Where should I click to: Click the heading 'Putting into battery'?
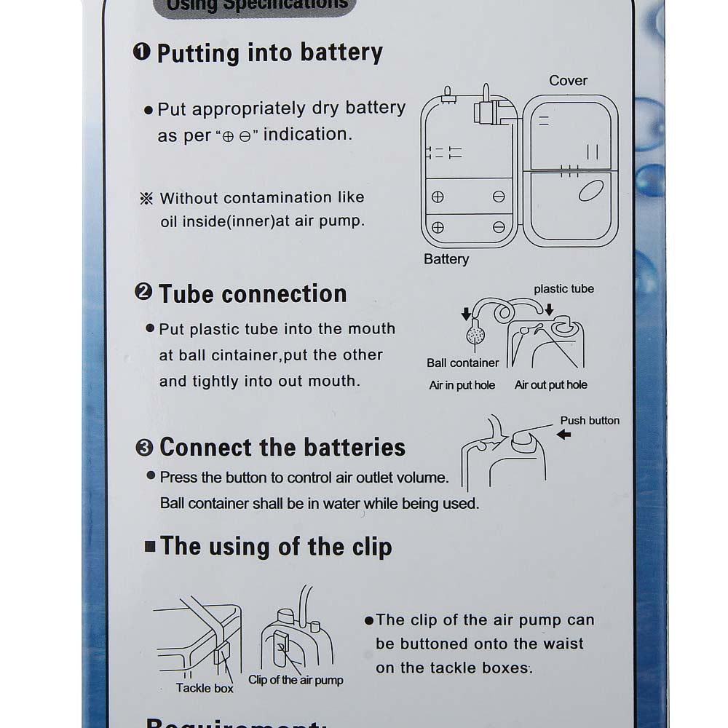[269, 53]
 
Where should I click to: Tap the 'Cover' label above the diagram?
[568, 81]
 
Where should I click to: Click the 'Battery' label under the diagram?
[446, 259]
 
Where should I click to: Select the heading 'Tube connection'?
[252, 294]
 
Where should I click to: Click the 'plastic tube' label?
[563, 289]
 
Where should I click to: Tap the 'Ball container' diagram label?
[462, 363]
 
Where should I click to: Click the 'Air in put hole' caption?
[462, 385]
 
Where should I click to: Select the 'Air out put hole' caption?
[550, 385]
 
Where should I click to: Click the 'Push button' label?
[590, 421]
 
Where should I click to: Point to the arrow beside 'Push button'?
[563, 435]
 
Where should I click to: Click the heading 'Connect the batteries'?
[282, 447]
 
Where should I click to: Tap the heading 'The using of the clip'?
[275, 547]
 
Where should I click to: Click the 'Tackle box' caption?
[205, 688]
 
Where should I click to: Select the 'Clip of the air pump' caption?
[296, 680]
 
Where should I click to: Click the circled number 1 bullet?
[142, 52]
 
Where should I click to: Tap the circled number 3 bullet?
[144, 448]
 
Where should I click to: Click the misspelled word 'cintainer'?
[241, 355]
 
